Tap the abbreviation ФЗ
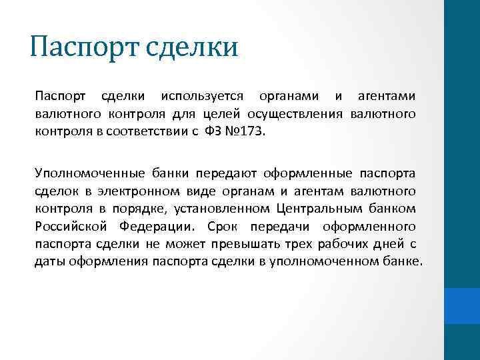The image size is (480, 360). click(211, 132)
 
